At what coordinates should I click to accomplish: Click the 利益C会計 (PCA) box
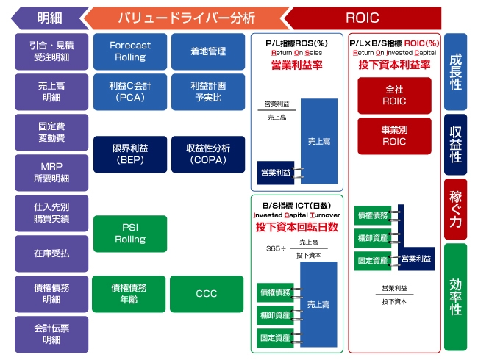click(129, 92)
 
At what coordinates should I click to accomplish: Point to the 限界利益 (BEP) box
click(129, 154)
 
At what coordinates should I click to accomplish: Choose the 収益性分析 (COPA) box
click(207, 154)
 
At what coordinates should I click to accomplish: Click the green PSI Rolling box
click(129, 234)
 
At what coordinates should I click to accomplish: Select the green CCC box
click(207, 294)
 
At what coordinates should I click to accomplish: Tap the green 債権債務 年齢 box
click(129, 294)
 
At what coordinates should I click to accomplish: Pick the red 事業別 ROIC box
click(394, 136)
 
